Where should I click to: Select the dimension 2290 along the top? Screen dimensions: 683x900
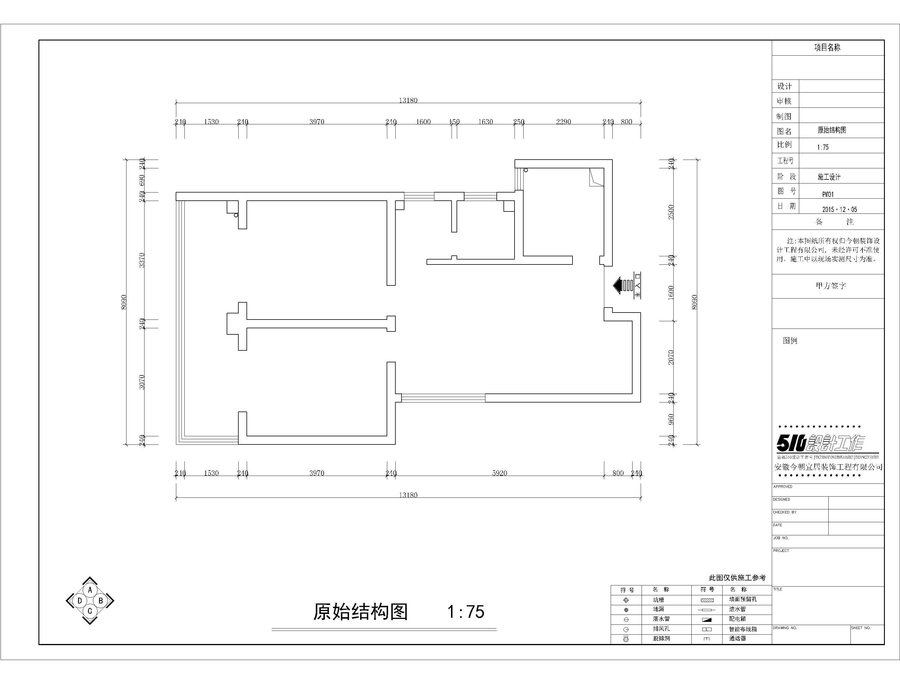pos(563,122)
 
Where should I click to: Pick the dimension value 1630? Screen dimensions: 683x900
pos(485,122)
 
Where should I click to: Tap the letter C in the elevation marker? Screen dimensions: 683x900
pos(90,610)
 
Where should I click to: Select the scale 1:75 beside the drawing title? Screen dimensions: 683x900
pos(466,611)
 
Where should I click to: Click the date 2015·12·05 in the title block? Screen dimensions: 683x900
pos(839,209)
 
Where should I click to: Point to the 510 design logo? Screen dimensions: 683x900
pos(820,443)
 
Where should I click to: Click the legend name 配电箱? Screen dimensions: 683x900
pos(737,619)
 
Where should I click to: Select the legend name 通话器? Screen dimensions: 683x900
pos(737,638)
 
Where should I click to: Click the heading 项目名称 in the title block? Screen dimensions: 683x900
pos(827,47)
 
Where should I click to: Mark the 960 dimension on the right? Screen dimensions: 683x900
pos(671,419)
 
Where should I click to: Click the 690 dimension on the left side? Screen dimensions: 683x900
pos(142,180)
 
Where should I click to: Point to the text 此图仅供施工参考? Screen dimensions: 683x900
pos(737,578)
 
